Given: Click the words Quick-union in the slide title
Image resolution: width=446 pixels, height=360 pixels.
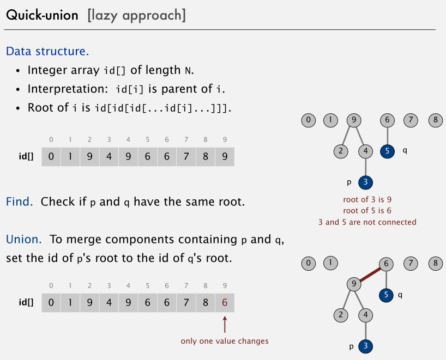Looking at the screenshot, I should [42, 15].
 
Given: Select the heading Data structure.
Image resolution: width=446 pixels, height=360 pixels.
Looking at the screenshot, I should [47, 52].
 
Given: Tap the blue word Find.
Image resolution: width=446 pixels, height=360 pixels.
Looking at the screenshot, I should [20, 202].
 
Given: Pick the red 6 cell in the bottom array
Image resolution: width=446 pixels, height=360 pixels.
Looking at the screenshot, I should [225, 302].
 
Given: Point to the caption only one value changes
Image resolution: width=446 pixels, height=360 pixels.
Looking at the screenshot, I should [225, 341].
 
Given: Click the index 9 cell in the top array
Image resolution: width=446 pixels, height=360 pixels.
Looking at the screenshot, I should [225, 157].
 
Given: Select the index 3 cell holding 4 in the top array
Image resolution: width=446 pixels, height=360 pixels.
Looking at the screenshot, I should [109, 157].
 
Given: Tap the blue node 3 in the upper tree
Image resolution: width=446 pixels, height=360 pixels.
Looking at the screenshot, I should [365, 182].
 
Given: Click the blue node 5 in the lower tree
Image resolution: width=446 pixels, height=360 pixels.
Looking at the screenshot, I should [387, 295].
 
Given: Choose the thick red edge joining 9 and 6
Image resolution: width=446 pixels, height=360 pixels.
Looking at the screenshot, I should [371, 274].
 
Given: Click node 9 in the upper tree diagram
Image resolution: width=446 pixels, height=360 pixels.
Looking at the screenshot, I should [354, 120].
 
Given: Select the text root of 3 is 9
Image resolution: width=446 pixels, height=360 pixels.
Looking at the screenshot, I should [367, 199].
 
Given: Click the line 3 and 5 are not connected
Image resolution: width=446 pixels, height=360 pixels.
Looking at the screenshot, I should [367, 222].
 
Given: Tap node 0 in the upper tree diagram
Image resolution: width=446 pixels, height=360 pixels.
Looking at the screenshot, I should [309, 120].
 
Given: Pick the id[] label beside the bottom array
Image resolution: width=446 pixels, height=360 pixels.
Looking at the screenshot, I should [26, 302].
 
